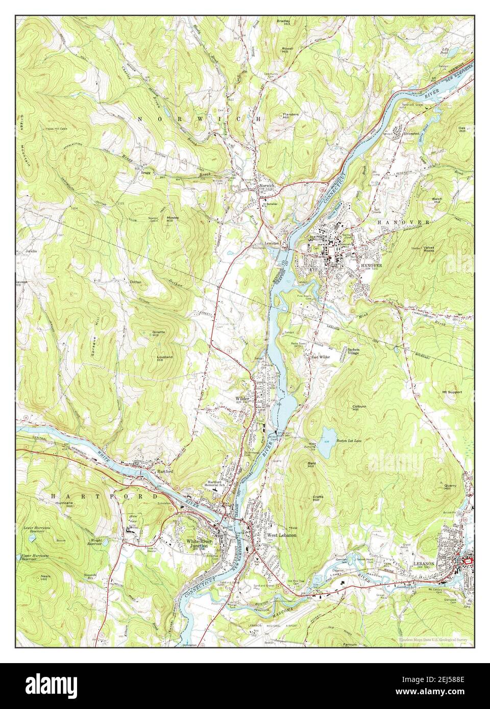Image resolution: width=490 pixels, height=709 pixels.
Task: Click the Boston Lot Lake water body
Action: [x=327, y=435]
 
